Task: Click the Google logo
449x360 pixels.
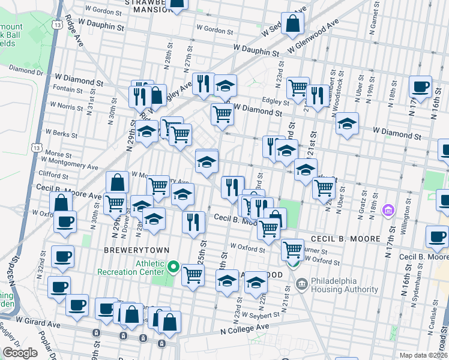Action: (x=20, y=353)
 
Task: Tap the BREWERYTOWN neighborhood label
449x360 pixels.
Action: (x=136, y=250)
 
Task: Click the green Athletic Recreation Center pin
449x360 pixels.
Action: (x=173, y=266)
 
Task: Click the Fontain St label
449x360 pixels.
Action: (x=68, y=90)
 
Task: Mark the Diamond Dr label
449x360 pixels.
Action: (x=22, y=71)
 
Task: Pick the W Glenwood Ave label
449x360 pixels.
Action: (x=313, y=35)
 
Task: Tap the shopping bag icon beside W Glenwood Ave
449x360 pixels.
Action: (x=293, y=25)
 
